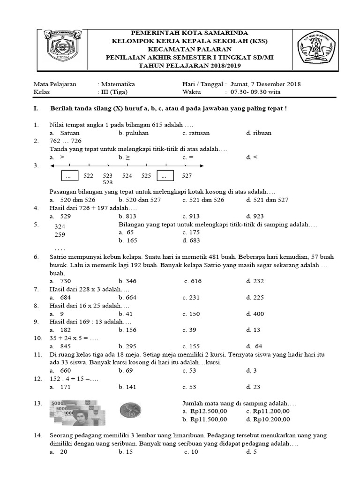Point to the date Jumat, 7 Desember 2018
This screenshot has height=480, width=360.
[x=265, y=84]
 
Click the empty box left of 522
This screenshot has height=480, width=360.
[x=69, y=176]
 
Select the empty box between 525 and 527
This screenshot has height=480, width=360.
[x=165, y=176]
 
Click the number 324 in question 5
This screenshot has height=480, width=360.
[x=60, y=226]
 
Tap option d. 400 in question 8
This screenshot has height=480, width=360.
[x=255, y=314]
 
